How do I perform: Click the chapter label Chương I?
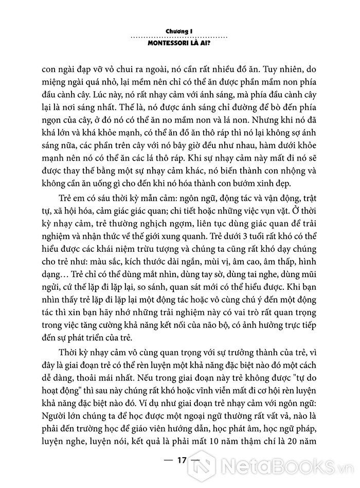[179, 31]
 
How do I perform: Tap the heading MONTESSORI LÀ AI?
[179, 44]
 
